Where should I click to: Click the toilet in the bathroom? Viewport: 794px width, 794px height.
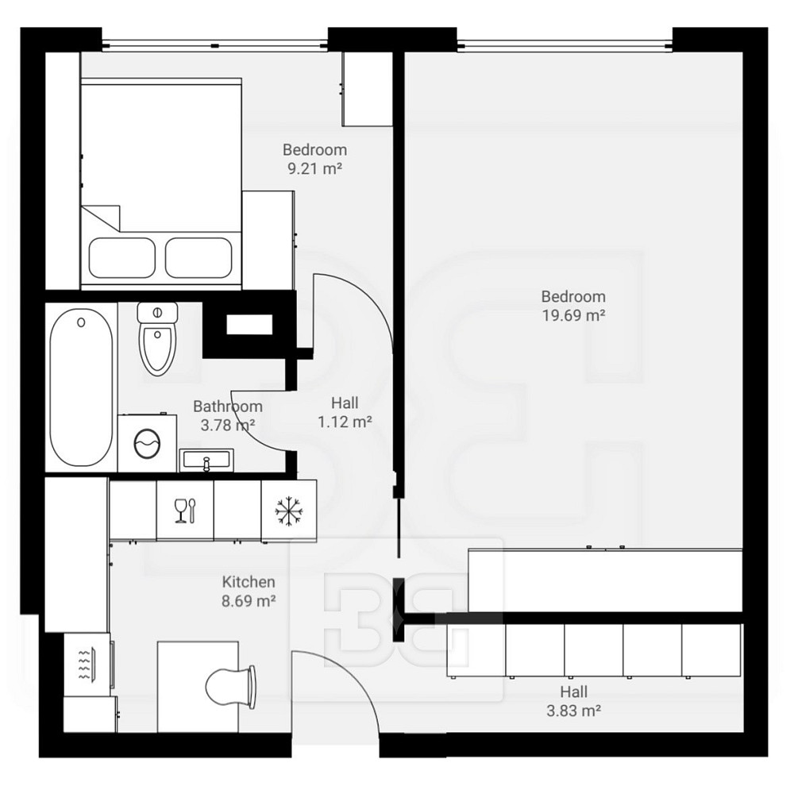157,338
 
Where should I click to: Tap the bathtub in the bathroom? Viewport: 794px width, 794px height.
81,387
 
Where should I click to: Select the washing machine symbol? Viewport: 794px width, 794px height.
148,443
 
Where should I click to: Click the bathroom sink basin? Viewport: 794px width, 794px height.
206,461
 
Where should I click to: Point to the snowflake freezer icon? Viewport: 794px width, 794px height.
289,511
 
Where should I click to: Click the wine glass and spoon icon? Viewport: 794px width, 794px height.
185,511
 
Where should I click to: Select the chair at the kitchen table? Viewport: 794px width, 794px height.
230,687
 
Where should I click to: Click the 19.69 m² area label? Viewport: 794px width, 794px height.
574,315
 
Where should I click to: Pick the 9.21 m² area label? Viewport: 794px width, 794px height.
315,168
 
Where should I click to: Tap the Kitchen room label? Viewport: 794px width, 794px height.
249,582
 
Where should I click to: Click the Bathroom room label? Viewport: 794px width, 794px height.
228,406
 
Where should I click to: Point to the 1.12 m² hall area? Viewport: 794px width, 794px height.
345,422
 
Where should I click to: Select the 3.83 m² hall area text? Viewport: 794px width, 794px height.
574,711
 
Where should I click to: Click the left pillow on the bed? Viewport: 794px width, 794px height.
122,258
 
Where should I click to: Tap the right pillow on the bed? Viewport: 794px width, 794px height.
198,258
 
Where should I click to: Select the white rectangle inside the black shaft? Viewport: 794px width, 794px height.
249,325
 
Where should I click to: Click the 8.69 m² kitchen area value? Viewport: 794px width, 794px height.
249,601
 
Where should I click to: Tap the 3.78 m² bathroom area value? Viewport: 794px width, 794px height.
228,425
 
